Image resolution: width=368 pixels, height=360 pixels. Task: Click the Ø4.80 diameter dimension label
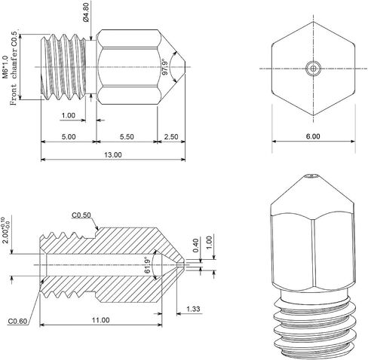pyautogui.click(x=86, y=12)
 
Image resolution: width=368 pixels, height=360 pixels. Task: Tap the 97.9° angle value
pyautogui.click(x=164, y=67)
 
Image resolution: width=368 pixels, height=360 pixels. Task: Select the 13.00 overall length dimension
pyautogui.click(x=113, y=155)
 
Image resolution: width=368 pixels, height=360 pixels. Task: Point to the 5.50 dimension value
pyautogui.click(x=127, y=137)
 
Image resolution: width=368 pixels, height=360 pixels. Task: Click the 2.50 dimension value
pyautogui.click(x=171, y=137)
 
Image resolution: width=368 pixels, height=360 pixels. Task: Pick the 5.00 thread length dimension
pyautogui.click(x=69, y=137)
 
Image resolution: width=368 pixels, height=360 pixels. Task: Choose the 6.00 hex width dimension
pyautogui.click(x=313, y=136)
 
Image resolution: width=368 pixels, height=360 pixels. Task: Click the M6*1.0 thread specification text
pyautogui.click(x=5, y=67)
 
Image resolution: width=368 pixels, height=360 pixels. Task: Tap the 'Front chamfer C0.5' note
pyautogui.click(x=14, y=69)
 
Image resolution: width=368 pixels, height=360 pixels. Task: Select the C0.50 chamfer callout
pyautogui.click(x=81, y=215)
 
